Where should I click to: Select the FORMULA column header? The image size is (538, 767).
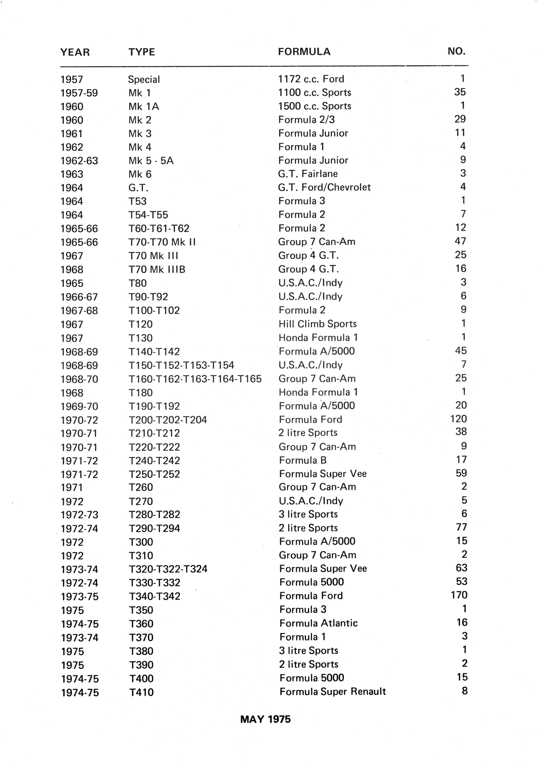click(304, 52)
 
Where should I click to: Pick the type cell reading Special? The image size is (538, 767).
click(144, 80)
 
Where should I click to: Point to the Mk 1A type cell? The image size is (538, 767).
click(144, 106)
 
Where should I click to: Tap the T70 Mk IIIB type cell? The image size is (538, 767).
click(157, 269)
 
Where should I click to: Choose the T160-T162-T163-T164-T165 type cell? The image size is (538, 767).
click(195, 379)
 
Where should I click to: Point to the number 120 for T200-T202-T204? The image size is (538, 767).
click(458, 419)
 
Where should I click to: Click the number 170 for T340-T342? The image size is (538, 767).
click(459, 595)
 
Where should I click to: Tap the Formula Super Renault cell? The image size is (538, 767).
click(333, 692)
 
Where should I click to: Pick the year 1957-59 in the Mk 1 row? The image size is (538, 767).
click(79, 93)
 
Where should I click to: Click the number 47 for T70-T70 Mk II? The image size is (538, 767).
click(460, 241)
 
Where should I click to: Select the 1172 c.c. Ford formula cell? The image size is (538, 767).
click(311, 79)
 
